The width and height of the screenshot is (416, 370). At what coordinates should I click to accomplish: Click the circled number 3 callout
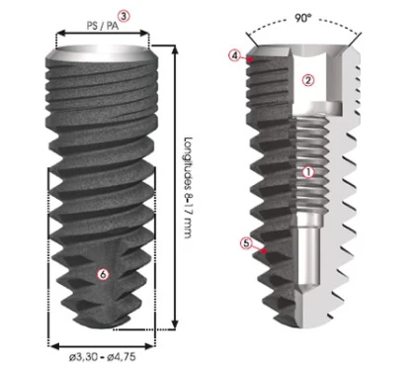pyautogui.click(x=124, y=16)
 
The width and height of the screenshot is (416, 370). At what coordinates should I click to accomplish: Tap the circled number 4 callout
pyautogui.click(x=234, y=55)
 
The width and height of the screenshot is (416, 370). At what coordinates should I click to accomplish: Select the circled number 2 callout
pyautogui.click(x=308, y=80)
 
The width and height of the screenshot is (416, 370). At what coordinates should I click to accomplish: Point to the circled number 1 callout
pyautogui.click(x=308, y=172)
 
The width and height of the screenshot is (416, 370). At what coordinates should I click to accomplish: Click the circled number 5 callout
pyautogui.click(x=246, y=243)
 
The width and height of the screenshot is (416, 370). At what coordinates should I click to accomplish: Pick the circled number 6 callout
pyautogui.click(x=104, y=274)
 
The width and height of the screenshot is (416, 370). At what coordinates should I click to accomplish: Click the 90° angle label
pyautogui.click(x=303, y=19)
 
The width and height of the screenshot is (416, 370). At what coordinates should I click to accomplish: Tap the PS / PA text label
pyautogui.click(x=103, y=26)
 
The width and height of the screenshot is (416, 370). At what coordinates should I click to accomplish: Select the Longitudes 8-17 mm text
pyautogui.click(x=188, y=187)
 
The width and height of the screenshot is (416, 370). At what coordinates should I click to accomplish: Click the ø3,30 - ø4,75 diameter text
pyautogui.click(x=103, y=357)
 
